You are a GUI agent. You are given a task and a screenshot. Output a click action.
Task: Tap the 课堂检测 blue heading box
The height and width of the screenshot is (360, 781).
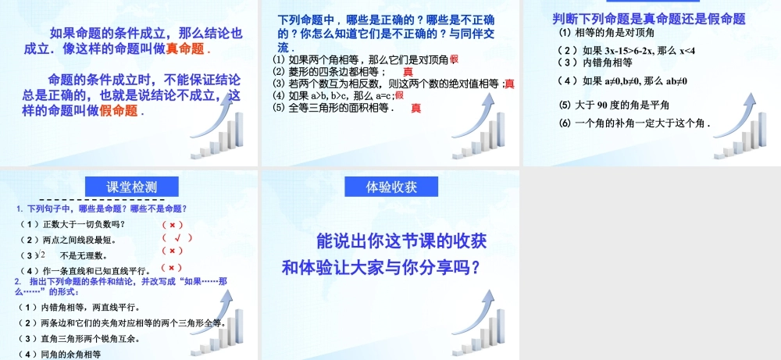(131, 187)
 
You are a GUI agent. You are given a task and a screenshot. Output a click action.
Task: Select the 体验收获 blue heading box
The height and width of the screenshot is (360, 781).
(391, 187)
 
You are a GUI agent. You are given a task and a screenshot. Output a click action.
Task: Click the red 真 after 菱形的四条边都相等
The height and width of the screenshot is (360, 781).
(408, 72)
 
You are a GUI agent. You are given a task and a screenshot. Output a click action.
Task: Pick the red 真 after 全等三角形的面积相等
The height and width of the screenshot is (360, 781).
(416, 108)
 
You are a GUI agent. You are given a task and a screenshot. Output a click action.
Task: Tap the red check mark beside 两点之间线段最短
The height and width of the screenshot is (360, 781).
(178, 237)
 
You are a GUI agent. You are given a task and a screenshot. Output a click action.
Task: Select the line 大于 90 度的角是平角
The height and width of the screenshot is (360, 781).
(615, 105)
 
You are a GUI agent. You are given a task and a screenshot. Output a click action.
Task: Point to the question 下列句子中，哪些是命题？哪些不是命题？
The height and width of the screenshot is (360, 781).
(102, 209)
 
